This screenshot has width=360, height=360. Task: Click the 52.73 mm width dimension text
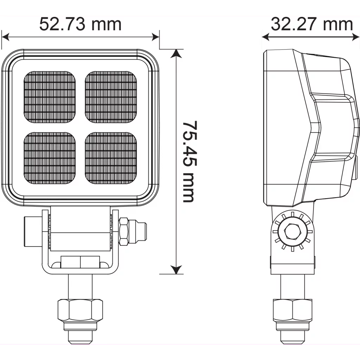(x=80, y=25)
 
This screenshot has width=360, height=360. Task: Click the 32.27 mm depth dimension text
(x=311, y=24)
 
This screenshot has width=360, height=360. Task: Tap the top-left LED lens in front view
(x=50, y=97)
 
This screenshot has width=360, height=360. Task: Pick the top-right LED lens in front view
(x=111, y=97)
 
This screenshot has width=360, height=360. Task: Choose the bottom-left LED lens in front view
(x=50, y=158)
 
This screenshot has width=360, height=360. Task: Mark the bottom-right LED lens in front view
(x=111, y=158)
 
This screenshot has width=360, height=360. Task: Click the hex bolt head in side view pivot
(x=291, y=231)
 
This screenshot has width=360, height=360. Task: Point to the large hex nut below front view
(x=80, y=310)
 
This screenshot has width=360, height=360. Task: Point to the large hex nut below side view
(x=292, y=310)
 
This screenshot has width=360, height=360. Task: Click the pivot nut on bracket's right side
(x=124, y=231)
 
